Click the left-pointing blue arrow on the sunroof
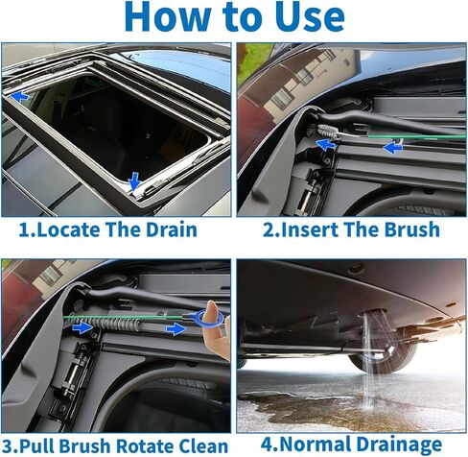coord(19,96)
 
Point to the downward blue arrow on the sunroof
coord(133,179)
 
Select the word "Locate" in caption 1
coord(78,229)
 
